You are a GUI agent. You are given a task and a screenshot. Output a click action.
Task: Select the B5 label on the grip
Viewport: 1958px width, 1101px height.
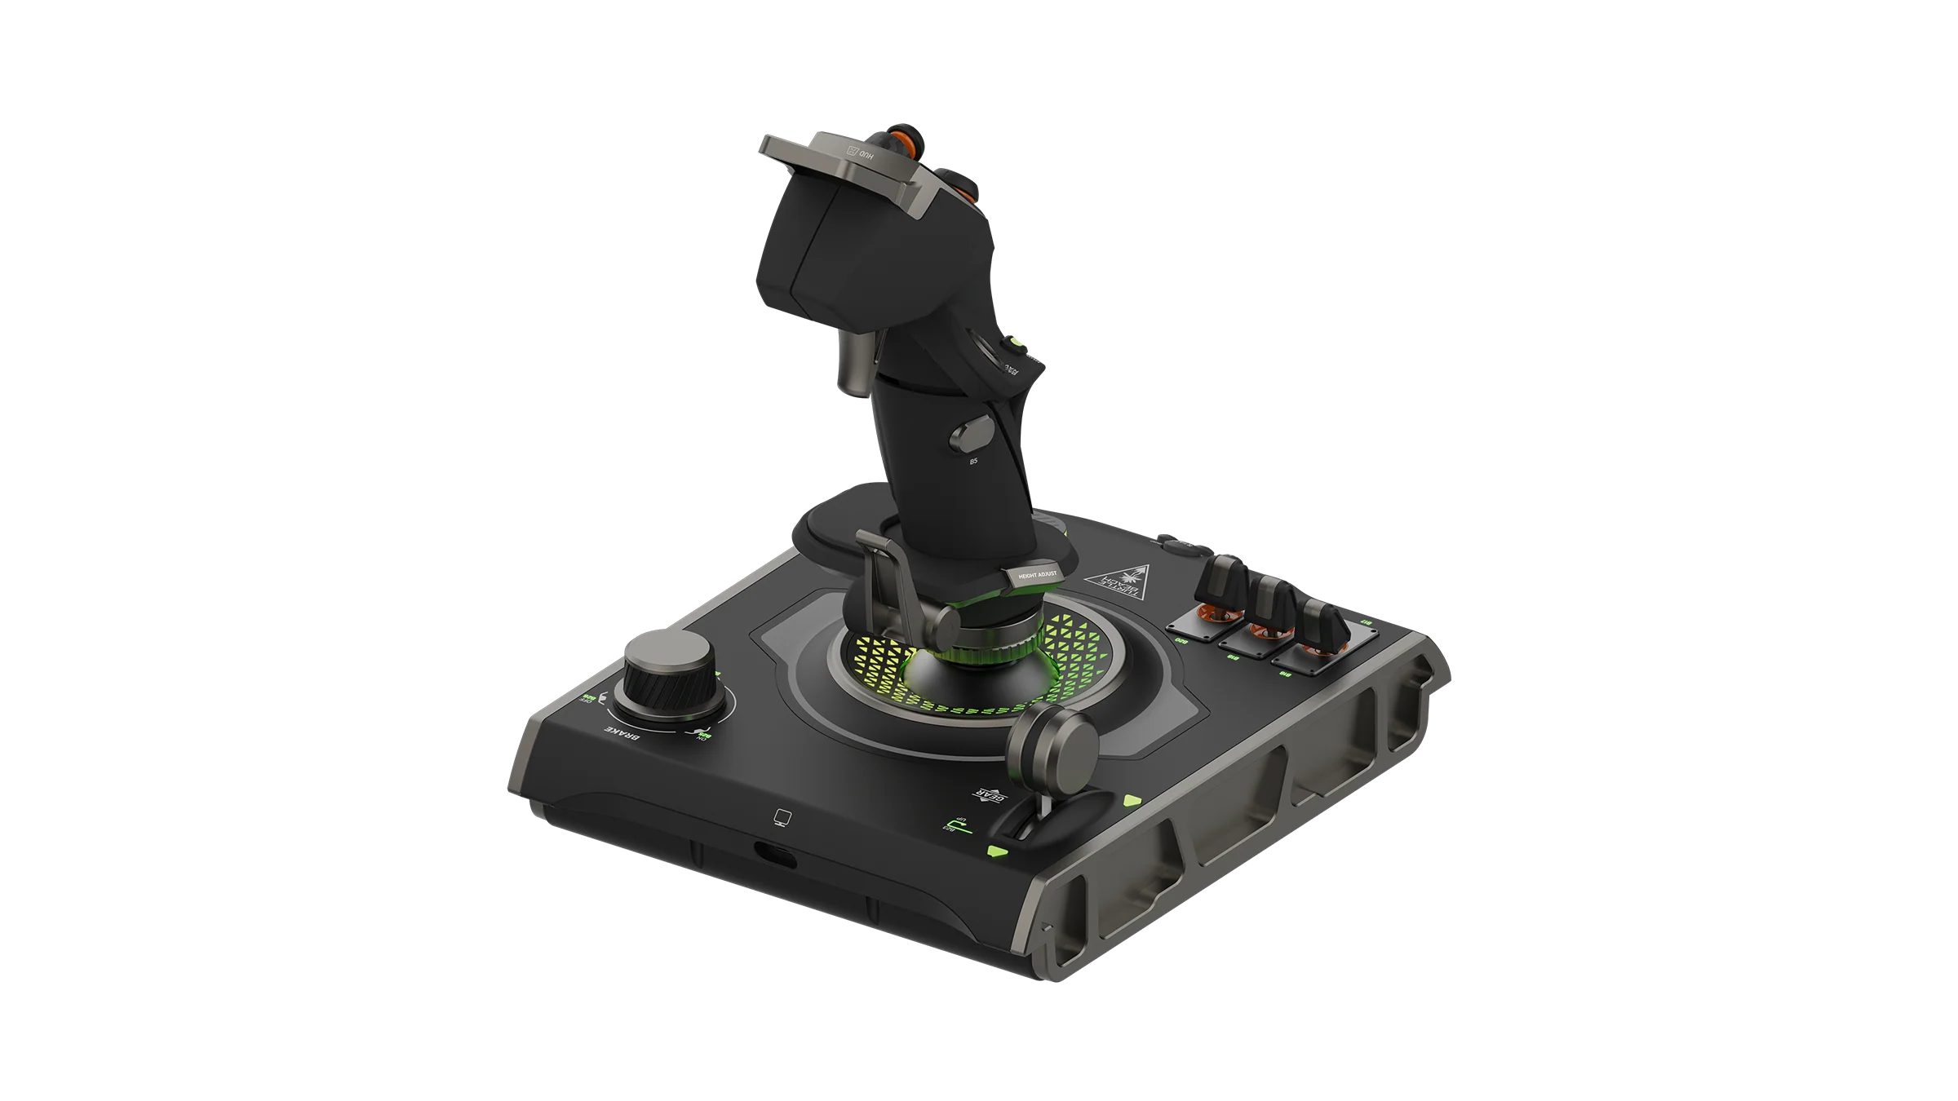[972, 462]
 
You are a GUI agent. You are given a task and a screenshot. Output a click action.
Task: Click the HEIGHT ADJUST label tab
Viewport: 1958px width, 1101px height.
[1035, 575]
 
